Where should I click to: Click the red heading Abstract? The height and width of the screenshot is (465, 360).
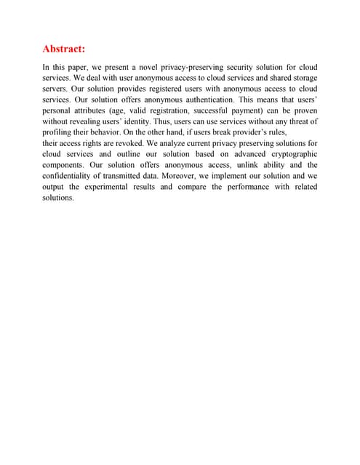tap(64, 49)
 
